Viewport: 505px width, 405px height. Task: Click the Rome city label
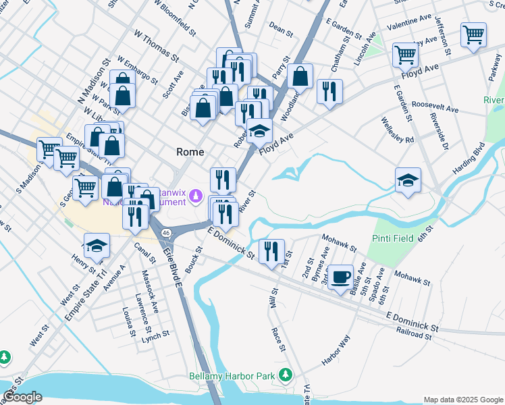[190, 152]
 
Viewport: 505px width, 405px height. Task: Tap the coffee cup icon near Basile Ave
[341, 277]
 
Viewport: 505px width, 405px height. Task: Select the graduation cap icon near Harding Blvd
[408, 180]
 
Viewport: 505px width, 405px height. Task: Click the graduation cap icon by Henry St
[97, 246]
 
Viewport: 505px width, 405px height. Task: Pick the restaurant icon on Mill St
[271, 251]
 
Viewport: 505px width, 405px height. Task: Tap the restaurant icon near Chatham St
[329, 92]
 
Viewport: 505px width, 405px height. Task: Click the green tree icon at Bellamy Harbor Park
[287, 373]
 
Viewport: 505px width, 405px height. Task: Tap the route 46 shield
[165, 232]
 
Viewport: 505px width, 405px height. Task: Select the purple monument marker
[196, 196]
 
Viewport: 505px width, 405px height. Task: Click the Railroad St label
[414, 334]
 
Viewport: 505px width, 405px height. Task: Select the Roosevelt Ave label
[435, 108]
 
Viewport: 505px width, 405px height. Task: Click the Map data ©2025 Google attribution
[462, 400]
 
